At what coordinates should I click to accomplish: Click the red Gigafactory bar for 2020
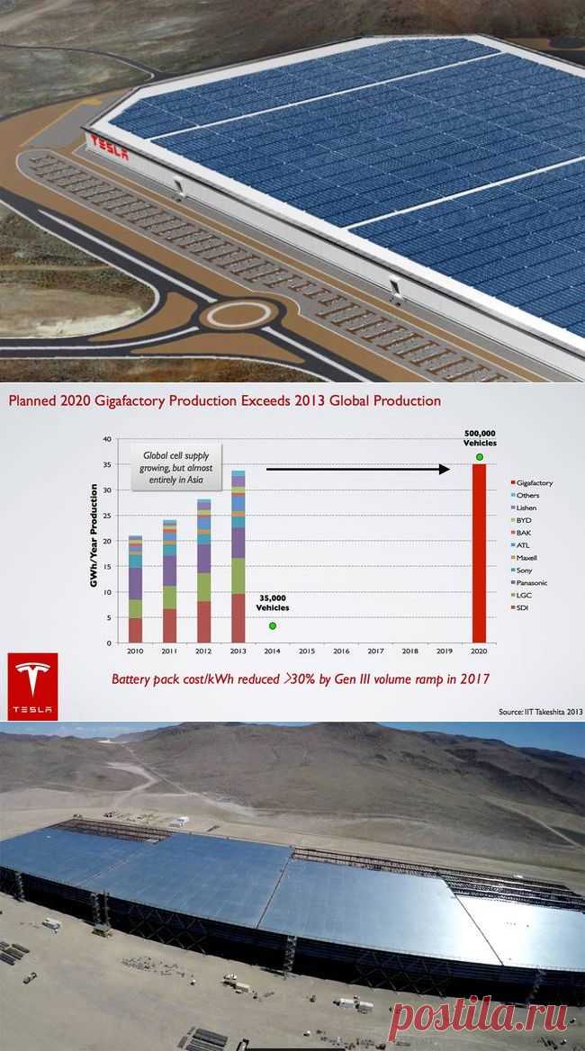(x=479, y=553)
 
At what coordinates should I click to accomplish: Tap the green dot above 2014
(x=272, y=625)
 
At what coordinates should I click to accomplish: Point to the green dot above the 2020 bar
(x=479, y=457)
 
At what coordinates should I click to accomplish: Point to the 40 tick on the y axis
(x=107, y=439)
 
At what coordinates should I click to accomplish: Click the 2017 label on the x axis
(x=375, y=651)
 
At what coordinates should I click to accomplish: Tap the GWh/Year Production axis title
(x=94, y=541)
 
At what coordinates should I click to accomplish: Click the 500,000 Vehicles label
(x=480, y=438)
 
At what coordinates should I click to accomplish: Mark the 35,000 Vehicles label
(x=271, y=603)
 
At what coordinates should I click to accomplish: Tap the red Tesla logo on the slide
(x=32, y=686)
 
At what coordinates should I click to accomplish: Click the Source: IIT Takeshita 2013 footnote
(x=540, y=712)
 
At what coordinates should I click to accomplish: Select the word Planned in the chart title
(x=35, y=400)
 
